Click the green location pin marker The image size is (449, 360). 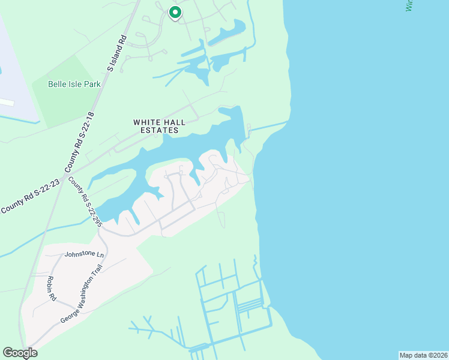point(175,12)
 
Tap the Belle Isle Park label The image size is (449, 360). point(74,84)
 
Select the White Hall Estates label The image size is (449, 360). point(156,126)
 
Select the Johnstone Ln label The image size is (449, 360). point(84,254)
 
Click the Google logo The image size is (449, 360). point(20,353)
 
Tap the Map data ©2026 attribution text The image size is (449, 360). point(423,355)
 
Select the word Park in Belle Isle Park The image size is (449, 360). point(92,84)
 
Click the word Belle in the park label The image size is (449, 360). point(58,84)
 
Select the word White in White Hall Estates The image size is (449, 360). point(145,122)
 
